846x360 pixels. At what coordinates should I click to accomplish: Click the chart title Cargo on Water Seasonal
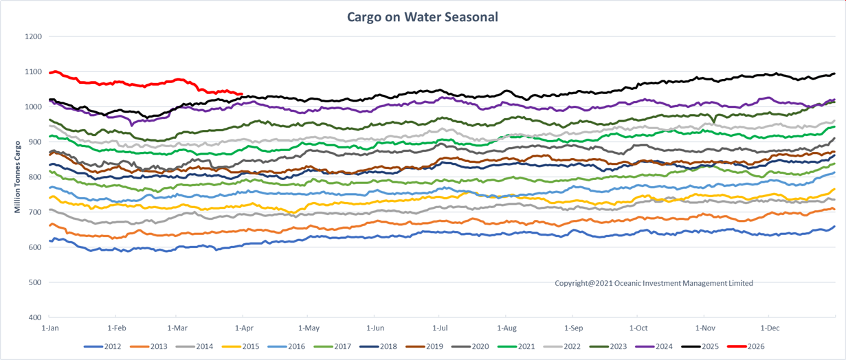[x=423, y=16]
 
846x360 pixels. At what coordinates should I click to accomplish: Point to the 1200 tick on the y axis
[x=33, y=36]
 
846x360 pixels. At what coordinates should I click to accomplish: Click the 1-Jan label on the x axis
[x=49, y=328]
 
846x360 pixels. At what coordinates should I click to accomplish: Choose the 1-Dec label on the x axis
[x=770, y=328]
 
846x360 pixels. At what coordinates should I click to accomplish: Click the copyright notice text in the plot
[x=654, y=283]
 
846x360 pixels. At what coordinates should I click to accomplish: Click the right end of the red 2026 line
[x=242, y=94]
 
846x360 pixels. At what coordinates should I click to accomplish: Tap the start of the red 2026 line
[x=49, y=72]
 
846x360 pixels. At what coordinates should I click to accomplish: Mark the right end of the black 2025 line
[x=834, y=74]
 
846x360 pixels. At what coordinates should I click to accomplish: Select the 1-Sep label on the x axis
[x=573, y=328]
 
